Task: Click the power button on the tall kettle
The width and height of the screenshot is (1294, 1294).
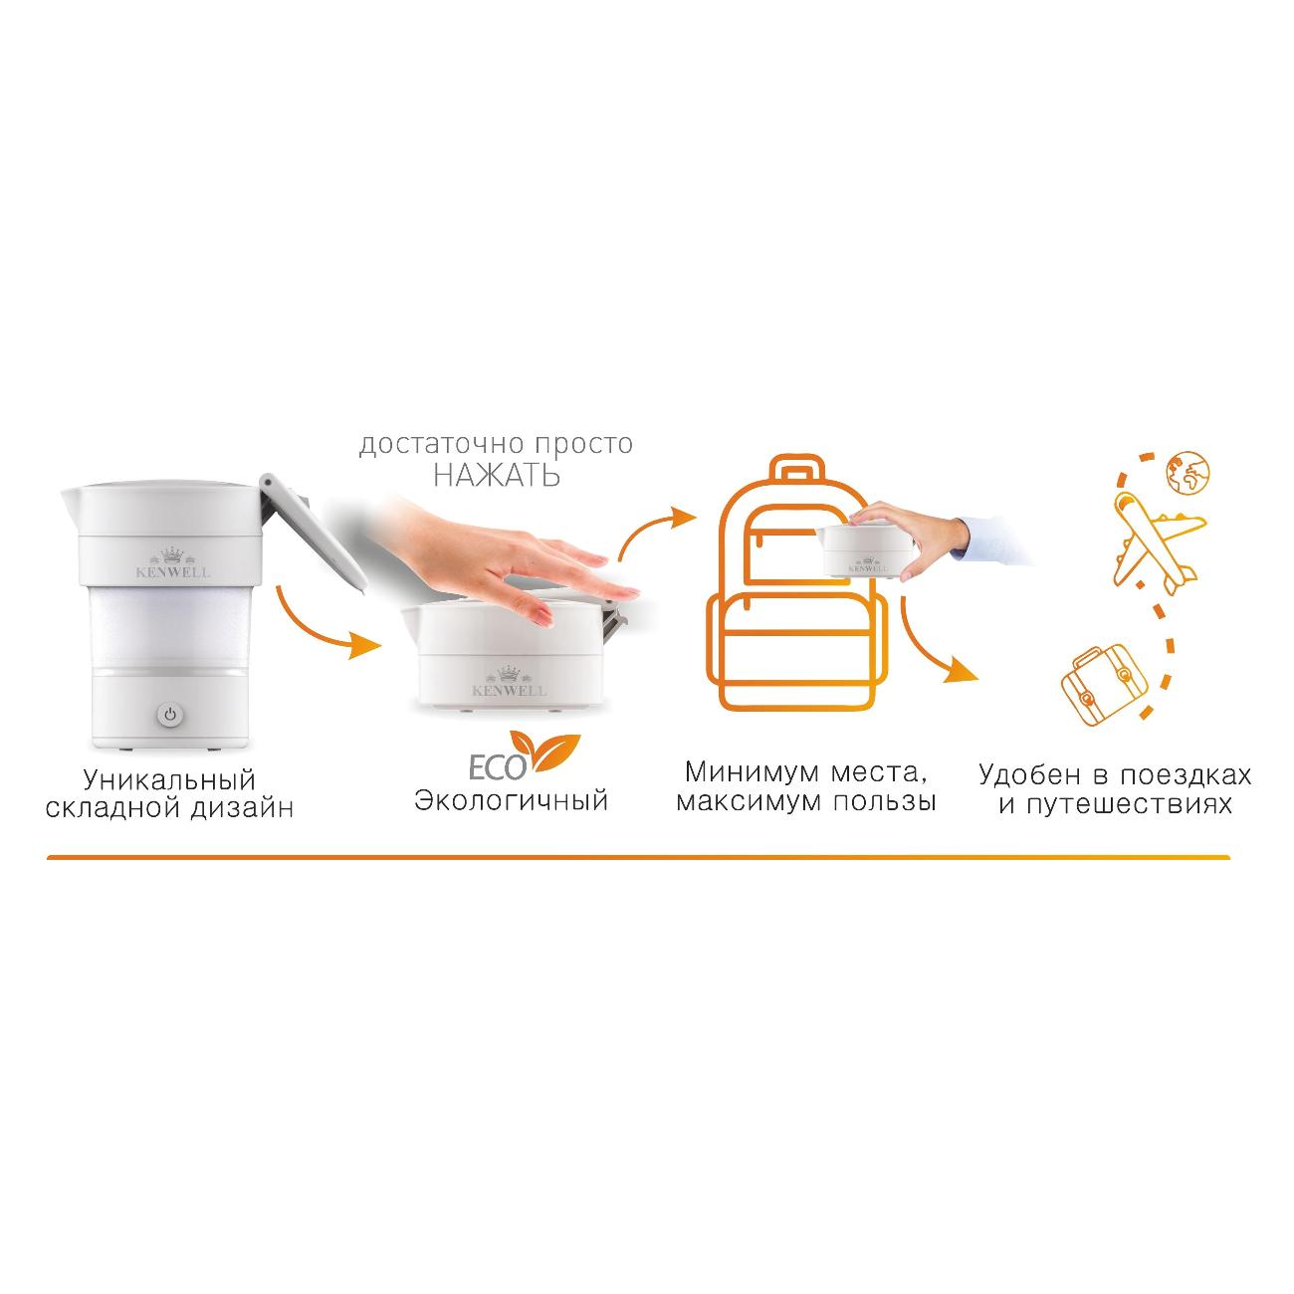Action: click(170, 715)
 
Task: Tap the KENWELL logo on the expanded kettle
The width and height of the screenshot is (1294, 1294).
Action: click(172, 562)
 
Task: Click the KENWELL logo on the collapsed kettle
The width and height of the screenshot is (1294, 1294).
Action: click(510, 681)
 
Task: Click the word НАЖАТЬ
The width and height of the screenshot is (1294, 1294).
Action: click(497, 476)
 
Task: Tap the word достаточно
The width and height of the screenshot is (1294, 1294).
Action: click(441, 445)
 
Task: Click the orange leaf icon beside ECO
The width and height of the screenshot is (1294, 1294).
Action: click(544, 752)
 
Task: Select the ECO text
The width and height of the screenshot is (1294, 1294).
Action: click(497, 767)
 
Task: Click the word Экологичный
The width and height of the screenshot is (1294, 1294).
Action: click(511, 800)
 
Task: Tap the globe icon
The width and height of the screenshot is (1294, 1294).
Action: click(1187, 472)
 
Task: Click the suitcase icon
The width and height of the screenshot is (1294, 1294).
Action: click(1101, 684)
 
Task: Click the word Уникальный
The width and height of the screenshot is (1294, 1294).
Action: click(170, 780)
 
